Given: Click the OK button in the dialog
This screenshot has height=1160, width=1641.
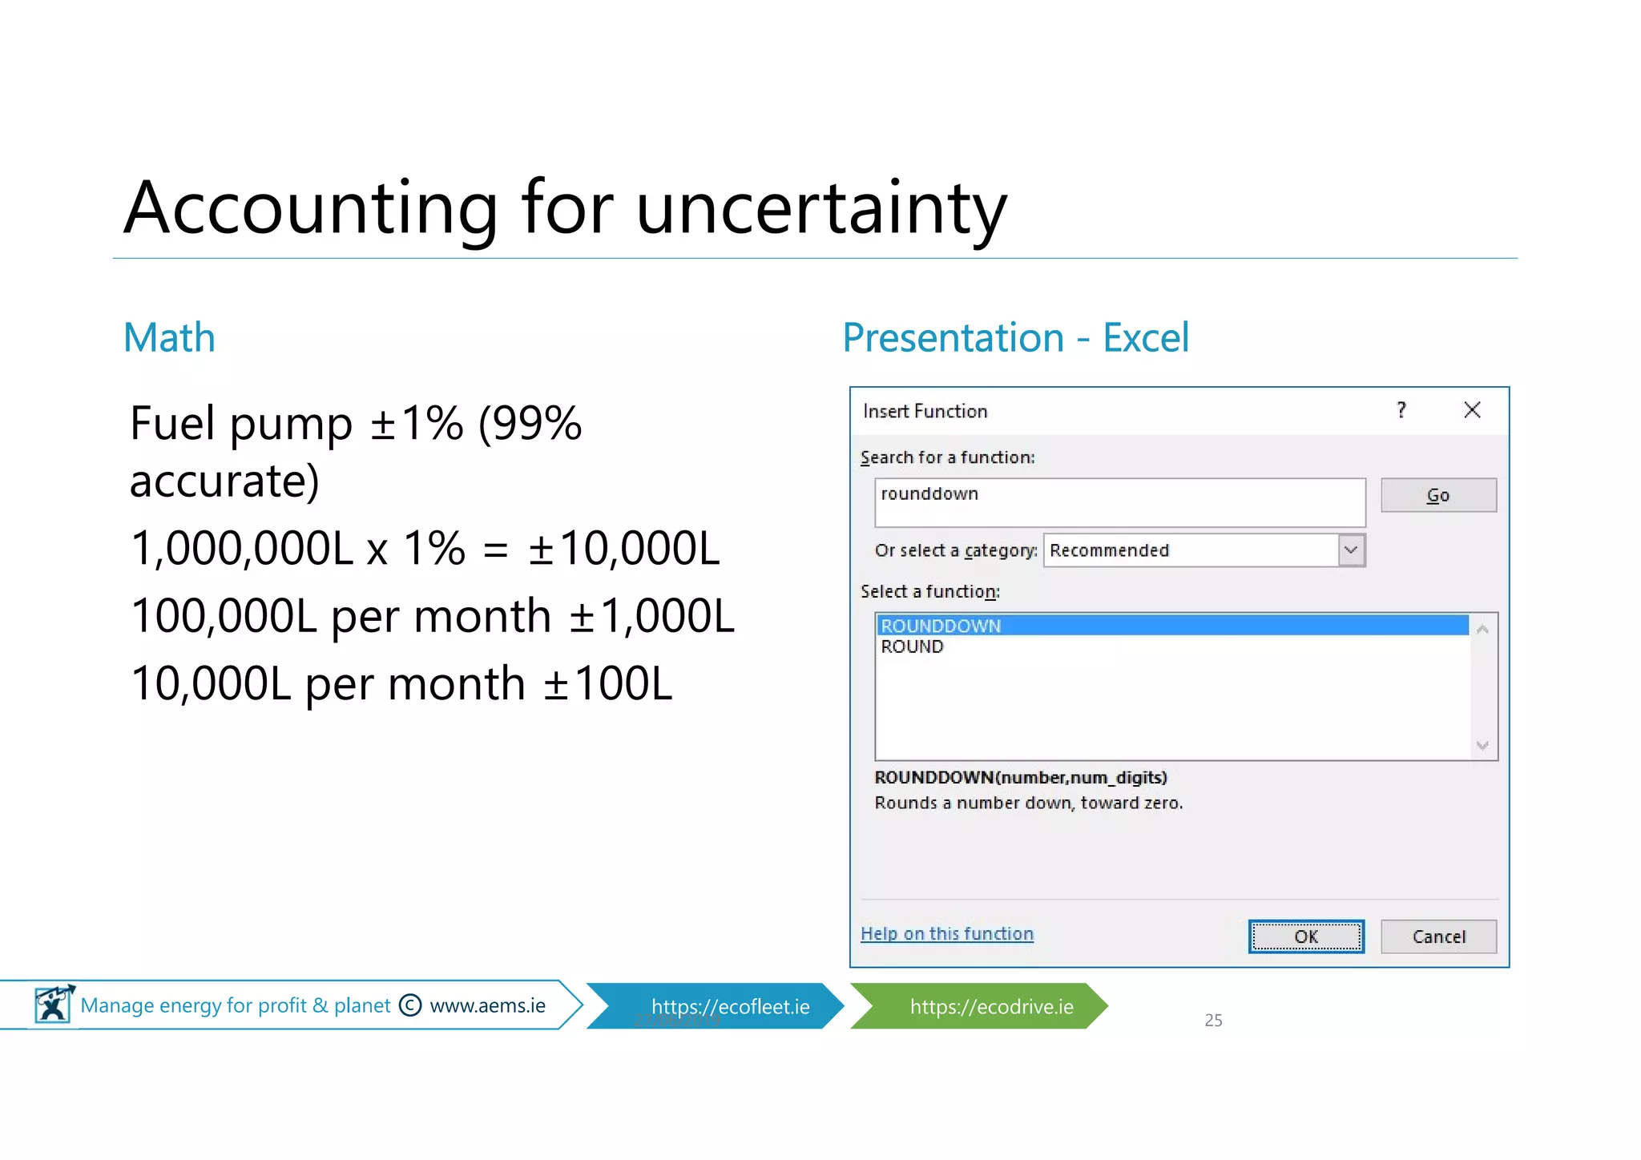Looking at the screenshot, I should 1306,936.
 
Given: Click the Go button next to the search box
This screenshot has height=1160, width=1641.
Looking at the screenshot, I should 1438,495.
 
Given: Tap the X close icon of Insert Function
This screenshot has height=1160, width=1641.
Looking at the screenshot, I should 1472,410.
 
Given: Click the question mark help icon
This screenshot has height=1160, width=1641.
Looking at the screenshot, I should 1401,410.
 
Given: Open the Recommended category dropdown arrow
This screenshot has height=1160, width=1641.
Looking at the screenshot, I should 1351,550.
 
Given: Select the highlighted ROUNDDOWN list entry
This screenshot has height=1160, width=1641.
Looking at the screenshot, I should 941,626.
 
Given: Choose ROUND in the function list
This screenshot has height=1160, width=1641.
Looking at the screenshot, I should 912,646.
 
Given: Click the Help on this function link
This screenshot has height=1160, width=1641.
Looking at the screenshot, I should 947,934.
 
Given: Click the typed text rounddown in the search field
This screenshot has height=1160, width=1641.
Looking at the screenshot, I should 929,493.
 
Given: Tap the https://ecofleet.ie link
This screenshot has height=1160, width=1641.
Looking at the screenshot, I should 730,1006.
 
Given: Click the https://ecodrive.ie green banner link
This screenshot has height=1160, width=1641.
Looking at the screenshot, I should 991,1006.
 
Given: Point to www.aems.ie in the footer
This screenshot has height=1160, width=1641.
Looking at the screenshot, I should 487,1005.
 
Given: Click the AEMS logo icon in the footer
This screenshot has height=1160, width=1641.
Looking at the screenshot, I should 54,1004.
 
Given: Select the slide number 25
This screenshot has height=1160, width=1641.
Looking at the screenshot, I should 1213,1020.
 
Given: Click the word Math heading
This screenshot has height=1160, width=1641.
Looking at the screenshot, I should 169,337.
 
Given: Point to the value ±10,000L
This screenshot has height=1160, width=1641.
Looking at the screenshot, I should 624,548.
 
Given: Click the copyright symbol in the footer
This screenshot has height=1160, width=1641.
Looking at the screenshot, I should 410,1005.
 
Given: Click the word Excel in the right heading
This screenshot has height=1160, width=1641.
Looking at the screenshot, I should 1145,337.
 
